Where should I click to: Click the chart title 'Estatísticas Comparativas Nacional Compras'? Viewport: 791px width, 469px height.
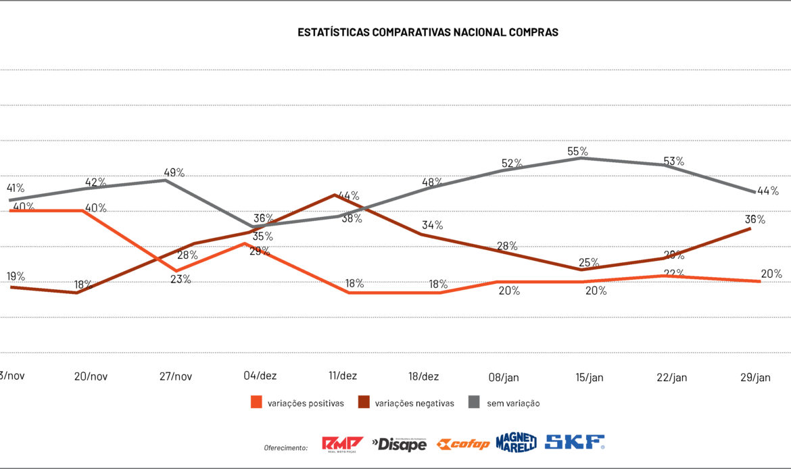pyautogui.click(x=428, y=32)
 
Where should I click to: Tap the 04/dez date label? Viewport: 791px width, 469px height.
pyautogui.click(x=260, y=376)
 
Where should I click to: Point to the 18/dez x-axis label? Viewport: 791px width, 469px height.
pyautogui.click(x=424, y=376)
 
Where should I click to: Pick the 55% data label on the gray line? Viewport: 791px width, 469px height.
pyautogui.click(x=578, y=151)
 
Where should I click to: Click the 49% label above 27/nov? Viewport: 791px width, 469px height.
pyautogui.click(x=174, y=172)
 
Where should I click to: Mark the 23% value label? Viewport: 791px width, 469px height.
pyautogui.click(x=181, y=279)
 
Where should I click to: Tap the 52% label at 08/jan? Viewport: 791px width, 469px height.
pyautogui.click(x=512, y=163)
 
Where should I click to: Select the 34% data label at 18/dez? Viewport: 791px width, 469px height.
pyautogui.click(x=433, y=225)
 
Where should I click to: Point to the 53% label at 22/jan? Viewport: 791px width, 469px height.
pyautogui.click(x=674, y=161)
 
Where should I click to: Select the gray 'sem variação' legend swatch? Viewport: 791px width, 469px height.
pyautogui.click(x=474, y=403)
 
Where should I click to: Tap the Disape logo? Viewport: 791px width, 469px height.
pyautogui.click(x=400, y=444)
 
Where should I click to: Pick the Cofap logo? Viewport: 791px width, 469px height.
pyautogui.click(x=463, y=444)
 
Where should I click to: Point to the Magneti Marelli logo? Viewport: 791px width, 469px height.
pyautogui.click(x=517, y=442)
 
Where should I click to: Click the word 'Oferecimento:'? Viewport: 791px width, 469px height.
pyautogui.click(x=286, y=447)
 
